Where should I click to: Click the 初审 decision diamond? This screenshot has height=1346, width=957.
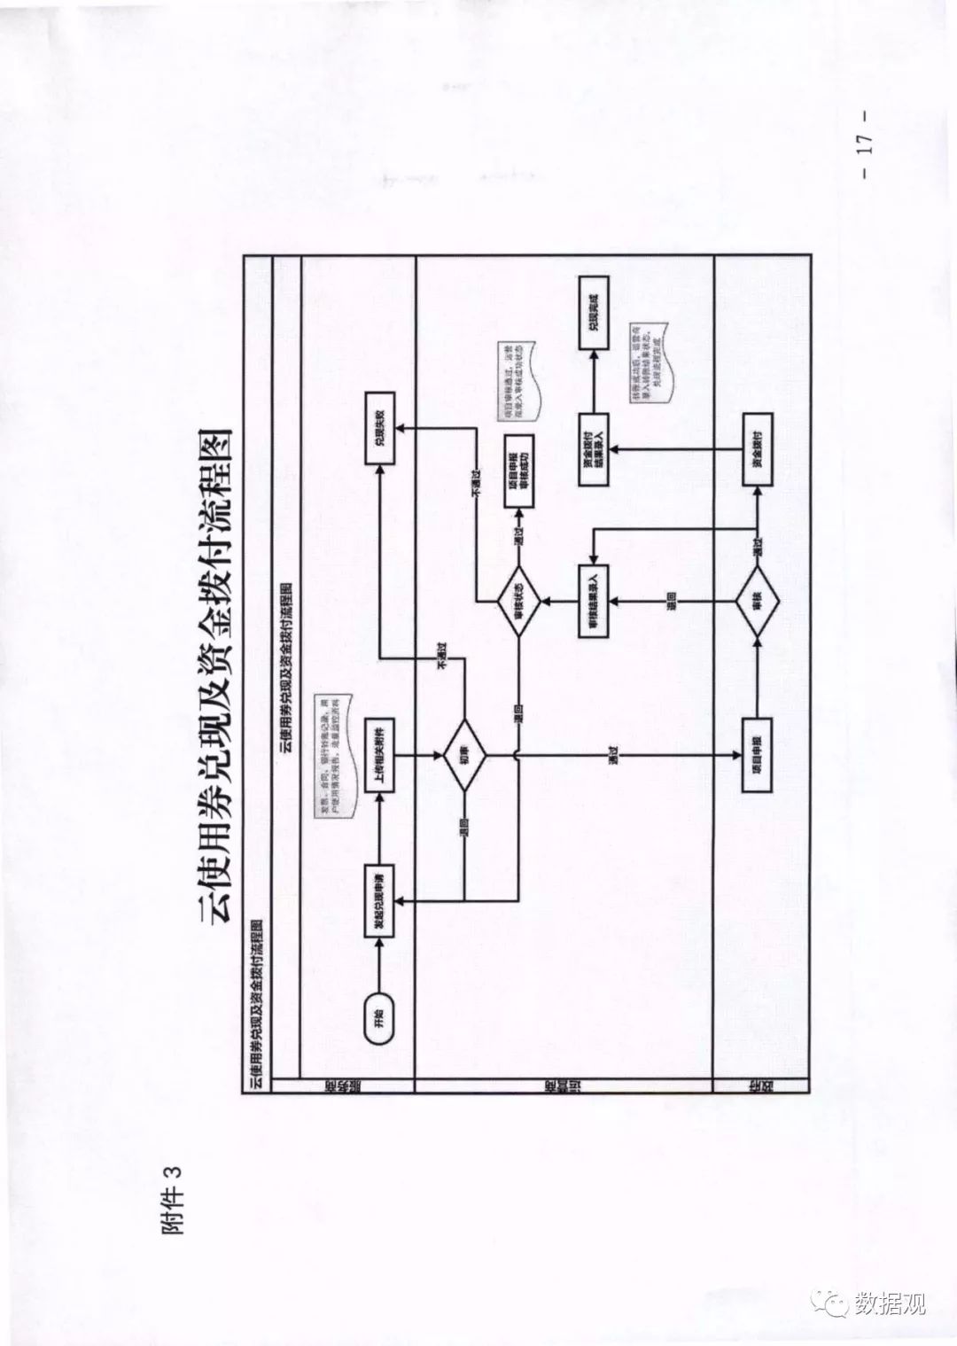click(x=463, y=756)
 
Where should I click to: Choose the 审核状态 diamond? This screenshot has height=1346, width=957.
click(x=520, y=602)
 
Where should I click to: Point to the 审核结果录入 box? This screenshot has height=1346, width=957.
click(x=592, y=602)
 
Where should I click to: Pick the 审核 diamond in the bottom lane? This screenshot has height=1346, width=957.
click(x=756, y=602)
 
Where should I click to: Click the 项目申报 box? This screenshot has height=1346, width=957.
click(x=756, y=756)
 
